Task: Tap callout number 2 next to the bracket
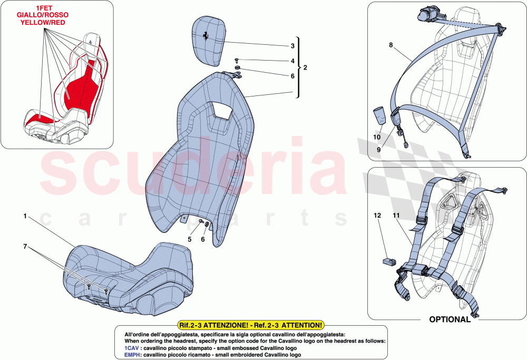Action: tap(306, 68)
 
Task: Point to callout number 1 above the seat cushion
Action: tap(24, 216)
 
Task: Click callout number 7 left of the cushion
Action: tap(24, 247)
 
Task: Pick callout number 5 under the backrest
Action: tap(190, 239)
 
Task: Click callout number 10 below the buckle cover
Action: tap(377, 137)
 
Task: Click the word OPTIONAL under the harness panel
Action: tap(450, 319)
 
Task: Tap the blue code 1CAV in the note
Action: tap(132, 348)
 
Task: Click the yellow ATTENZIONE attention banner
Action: tap(251, 326)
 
